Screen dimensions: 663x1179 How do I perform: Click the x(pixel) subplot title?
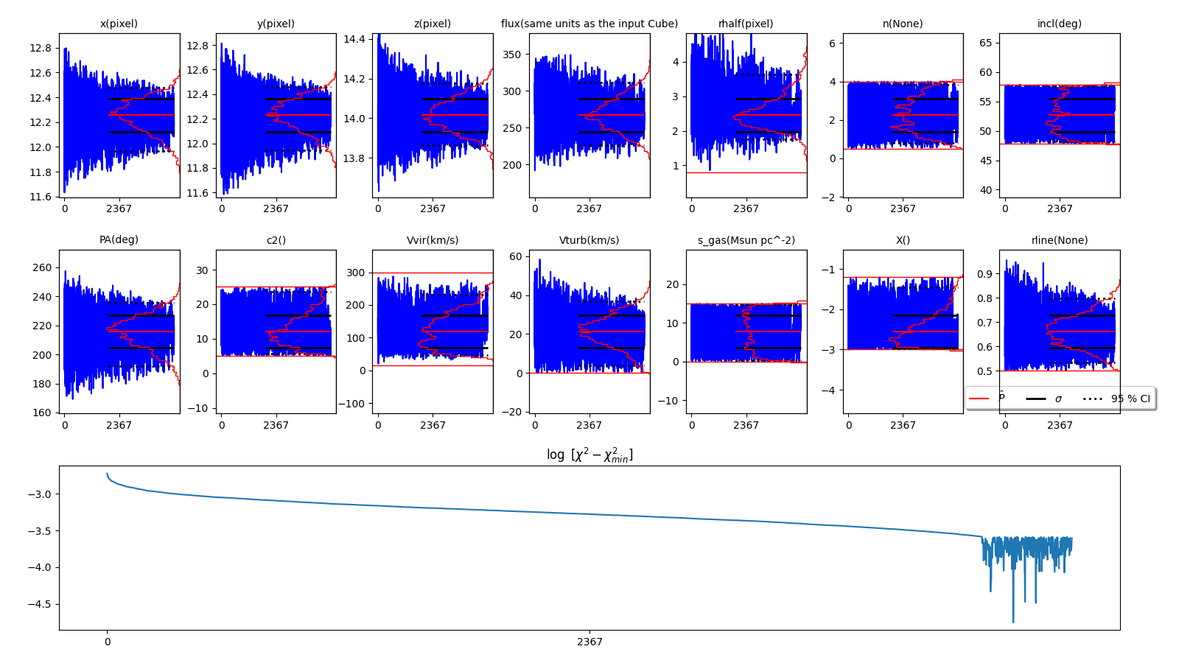point(119,24)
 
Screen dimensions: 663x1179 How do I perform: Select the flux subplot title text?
point(589,24)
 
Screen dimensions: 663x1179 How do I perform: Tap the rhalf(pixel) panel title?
point(746,24)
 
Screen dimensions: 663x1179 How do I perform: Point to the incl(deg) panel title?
point(1059,24)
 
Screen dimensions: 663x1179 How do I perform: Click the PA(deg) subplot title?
point(119,240)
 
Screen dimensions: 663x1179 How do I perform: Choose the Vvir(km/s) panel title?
point(433,240)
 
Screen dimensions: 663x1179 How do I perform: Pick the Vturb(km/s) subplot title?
point(589,240)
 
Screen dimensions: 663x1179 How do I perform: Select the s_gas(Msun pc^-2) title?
point(746,240)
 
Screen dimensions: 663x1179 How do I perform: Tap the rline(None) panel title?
point(1059,240)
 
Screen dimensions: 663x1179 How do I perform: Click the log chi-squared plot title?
point(589,455)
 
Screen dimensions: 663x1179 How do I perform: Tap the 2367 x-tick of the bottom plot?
point(589,642)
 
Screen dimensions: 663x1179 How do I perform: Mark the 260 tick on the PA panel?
point(42,267)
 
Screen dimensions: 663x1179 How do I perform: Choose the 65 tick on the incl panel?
point(985,43)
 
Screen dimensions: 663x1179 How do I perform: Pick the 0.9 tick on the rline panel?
point(985,273)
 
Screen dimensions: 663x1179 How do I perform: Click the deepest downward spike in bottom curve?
point(1012,621)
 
